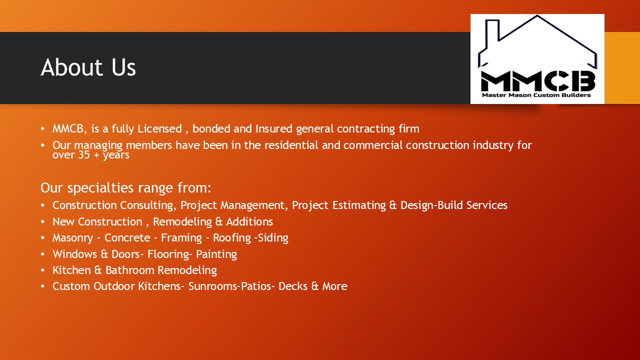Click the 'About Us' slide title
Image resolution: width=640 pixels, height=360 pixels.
click(88, 67)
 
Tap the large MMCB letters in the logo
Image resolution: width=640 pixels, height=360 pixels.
click(538, 81)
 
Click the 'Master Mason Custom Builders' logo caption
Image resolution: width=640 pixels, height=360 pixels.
click(536, 95)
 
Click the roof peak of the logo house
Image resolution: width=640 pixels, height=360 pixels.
click(537, 16)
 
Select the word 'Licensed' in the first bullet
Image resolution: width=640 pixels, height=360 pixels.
click(159, 128)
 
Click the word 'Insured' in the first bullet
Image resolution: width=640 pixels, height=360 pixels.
click(273, 128)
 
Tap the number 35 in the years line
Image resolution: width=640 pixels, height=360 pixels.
click(84, 155)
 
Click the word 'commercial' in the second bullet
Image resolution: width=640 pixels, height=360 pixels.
click(373, 145)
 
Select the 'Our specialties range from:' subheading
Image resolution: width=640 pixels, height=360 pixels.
click(126, 187)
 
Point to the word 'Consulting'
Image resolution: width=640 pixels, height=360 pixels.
click(146, 205)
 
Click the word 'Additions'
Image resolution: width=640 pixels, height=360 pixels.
click(249, 221)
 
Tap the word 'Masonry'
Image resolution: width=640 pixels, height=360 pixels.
click(73, 238)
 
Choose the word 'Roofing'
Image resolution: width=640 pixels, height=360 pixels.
click(232, 238)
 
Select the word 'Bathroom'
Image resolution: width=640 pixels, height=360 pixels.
click(130, 270)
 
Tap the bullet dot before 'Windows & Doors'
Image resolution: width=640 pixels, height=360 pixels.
click(43, 254)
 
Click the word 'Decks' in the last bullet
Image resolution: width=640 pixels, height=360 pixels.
click(293, 286)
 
